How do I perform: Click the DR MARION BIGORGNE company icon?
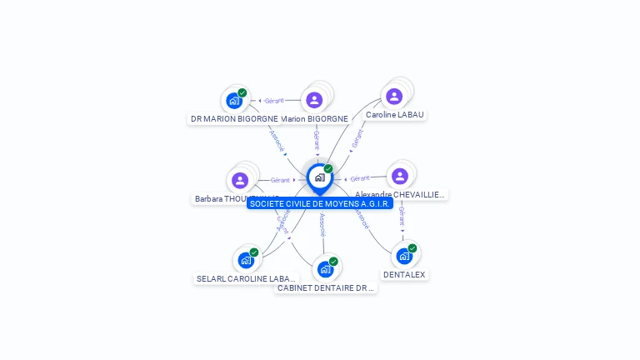[234, 101]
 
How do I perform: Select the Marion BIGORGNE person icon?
[314, 100]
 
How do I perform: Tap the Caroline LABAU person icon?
[394, 97]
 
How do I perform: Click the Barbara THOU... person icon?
[240, 180]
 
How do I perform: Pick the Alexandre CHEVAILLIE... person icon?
[400, 176]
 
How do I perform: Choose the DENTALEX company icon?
[404, 256]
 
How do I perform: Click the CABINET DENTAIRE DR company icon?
[325, 269]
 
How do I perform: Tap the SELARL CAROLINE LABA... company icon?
[246, 260]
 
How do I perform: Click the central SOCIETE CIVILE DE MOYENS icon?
[319, 177]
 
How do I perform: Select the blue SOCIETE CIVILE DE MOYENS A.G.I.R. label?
[320, 203]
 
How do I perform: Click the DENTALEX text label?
[404, 274]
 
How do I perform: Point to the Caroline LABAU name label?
[395, 115]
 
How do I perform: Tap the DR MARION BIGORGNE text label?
[234, 119]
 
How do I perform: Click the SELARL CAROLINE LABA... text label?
[246, 278]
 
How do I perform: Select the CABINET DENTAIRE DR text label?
[326, 288]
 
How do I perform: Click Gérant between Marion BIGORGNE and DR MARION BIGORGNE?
[274, 101]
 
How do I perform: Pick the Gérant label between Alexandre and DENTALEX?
[402, 217]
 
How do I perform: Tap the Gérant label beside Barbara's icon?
[280, 180]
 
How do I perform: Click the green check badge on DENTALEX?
[412, 248]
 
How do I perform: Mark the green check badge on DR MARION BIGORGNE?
[242, 93]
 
